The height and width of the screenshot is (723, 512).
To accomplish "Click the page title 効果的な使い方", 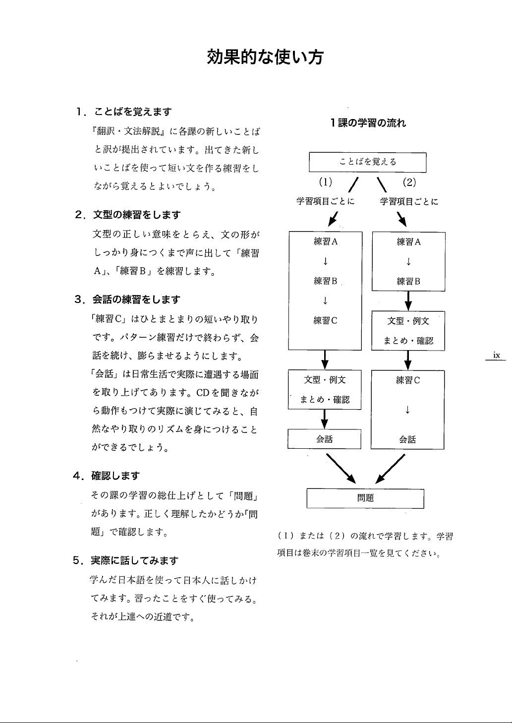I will point(265,58).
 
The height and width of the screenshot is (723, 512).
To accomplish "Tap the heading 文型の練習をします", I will point(137,215).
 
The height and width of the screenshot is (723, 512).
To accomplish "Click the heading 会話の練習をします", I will point(137,300).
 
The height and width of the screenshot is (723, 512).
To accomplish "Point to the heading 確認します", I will point(115,476).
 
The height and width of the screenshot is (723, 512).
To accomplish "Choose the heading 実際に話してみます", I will point(134,561).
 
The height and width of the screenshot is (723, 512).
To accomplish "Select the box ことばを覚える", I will point(368,162).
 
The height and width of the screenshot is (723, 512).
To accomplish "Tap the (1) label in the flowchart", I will point(325,181).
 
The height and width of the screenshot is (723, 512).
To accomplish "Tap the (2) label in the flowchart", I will point(409,181).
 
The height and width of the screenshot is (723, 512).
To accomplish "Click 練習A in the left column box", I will point(325,241).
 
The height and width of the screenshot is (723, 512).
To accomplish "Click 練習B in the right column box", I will point(408,281).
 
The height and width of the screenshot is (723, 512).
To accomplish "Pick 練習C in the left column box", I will point(325,320).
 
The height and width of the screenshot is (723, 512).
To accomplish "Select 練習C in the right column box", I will point(408,380).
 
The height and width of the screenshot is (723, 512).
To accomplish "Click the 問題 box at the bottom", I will point(365,498).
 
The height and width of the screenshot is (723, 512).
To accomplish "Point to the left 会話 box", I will point(324,439).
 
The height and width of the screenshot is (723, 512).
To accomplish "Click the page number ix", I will point(496,355).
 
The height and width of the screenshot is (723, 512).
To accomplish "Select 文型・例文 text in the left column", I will point(325,380).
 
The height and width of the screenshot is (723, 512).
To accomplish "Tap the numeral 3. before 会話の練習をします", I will point(79,300).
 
